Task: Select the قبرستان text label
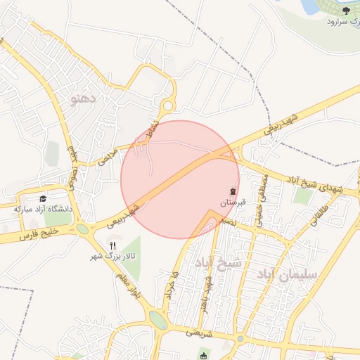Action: [x=232, y=202]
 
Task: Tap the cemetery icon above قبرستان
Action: [x=233, y=192]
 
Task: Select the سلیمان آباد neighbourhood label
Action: [x=288, y=271]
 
